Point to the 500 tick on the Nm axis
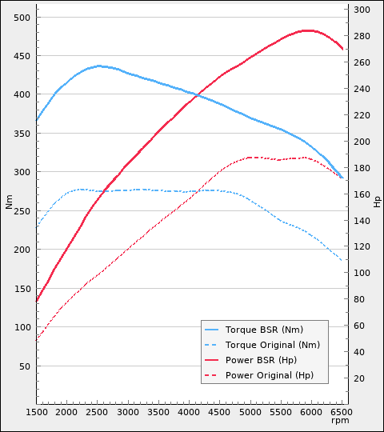(x=22, y=17)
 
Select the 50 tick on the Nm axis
(x=24, y=366)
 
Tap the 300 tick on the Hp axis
(x=362, y=10)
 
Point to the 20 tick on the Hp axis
(x=359, y=378)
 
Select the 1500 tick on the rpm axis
(x=37, y=412)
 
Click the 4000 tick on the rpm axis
(x=190, y=412)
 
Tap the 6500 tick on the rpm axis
(x=342, y=412)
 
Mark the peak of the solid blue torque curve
(x=99, y=66)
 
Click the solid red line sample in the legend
(x=212, y=360)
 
